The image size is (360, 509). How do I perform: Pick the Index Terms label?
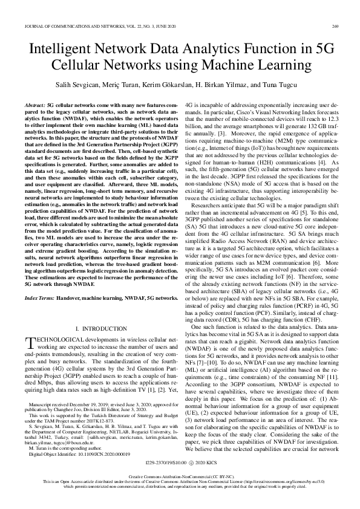tap(40, 299)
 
